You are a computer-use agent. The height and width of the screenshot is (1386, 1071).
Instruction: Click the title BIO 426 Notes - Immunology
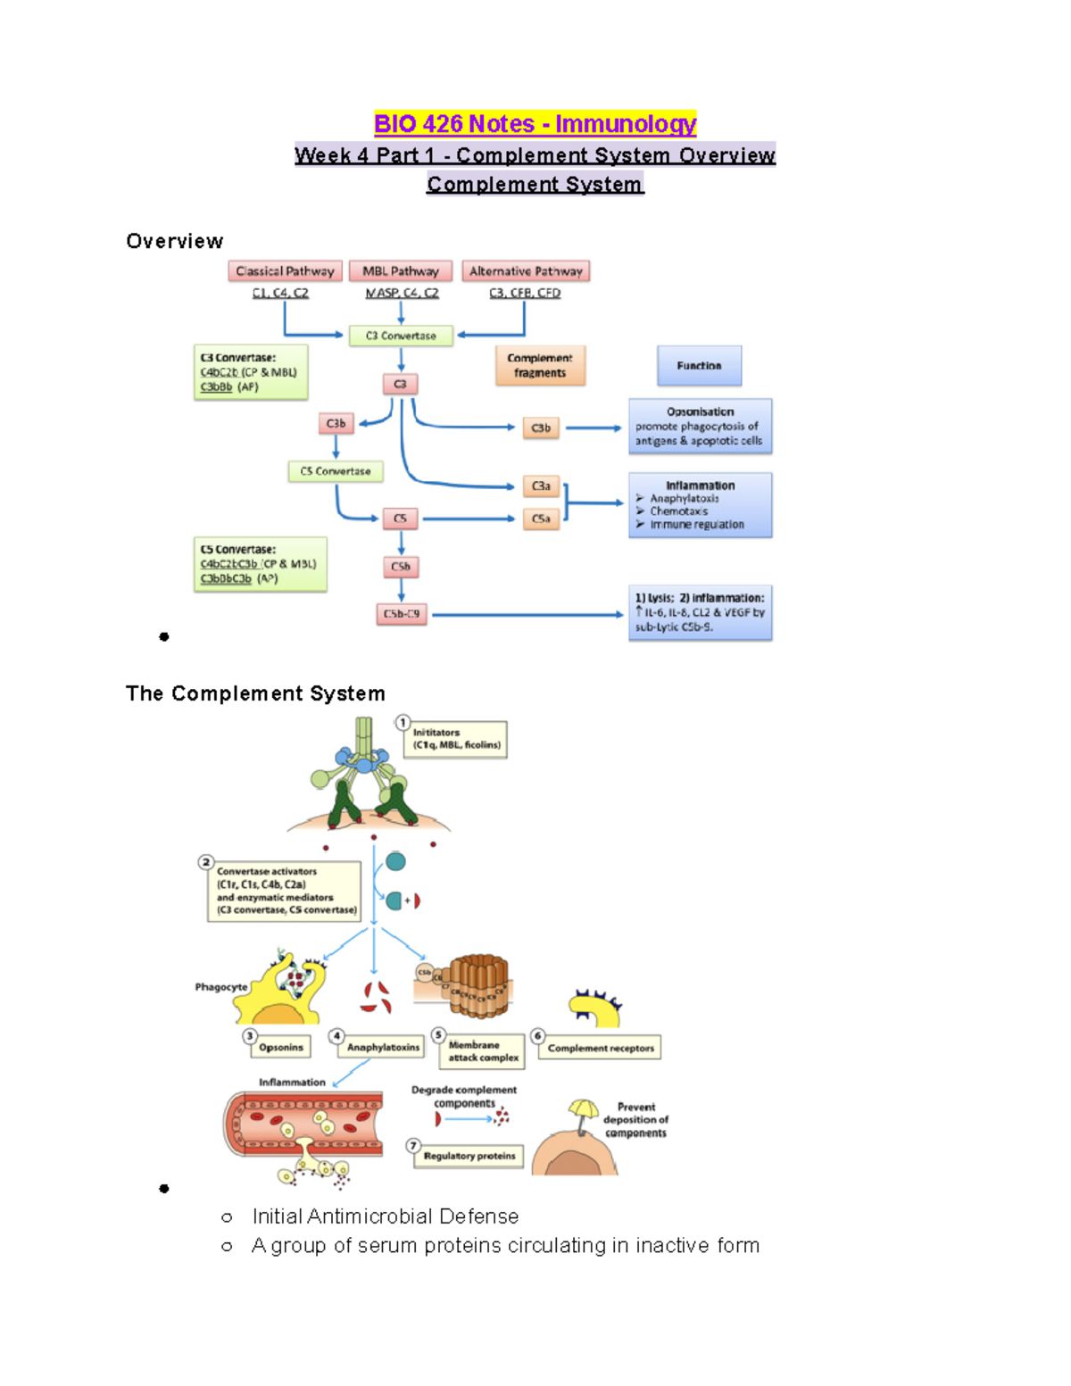[x=535, y=124]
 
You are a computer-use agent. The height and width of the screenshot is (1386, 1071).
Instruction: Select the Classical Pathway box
[x=285, y=271]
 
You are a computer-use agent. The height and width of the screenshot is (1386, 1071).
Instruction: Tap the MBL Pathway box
[x=401, y=271]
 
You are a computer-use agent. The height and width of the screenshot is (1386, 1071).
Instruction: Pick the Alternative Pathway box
[x=526, y=271]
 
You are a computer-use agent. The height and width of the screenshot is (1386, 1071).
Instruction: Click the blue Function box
[x=699, y=366]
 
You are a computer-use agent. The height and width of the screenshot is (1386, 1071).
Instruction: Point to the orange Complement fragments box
[x=540, y=366]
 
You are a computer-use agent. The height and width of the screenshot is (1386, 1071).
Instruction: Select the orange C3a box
[x=541, y=486]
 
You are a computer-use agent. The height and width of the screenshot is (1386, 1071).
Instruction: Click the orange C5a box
[x=541, y=519]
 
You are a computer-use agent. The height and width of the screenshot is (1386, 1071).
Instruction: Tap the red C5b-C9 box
[x=401, y=614]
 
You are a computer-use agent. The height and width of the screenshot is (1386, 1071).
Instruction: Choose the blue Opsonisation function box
[x=700, y=427]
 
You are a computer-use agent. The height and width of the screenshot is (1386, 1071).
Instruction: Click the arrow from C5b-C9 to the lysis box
[x=527, y=614]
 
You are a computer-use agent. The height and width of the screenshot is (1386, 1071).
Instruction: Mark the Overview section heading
[x=175, y=242]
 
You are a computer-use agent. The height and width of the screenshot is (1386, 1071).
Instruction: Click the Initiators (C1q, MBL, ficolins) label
[x=456, y=739]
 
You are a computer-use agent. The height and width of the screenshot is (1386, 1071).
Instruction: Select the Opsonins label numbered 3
[x=280, y=1047]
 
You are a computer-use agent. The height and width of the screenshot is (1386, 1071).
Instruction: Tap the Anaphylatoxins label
[x=383, y=1047]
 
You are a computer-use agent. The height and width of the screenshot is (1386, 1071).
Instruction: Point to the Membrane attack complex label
[x=483, y=1051]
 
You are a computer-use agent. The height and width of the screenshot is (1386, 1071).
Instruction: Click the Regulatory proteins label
[x=469, y=1156]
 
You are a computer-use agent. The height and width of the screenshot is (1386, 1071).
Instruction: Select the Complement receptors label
[x=601, y=1048]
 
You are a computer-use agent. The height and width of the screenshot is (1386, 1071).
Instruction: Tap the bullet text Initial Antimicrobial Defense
[x=385, y=1216]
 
